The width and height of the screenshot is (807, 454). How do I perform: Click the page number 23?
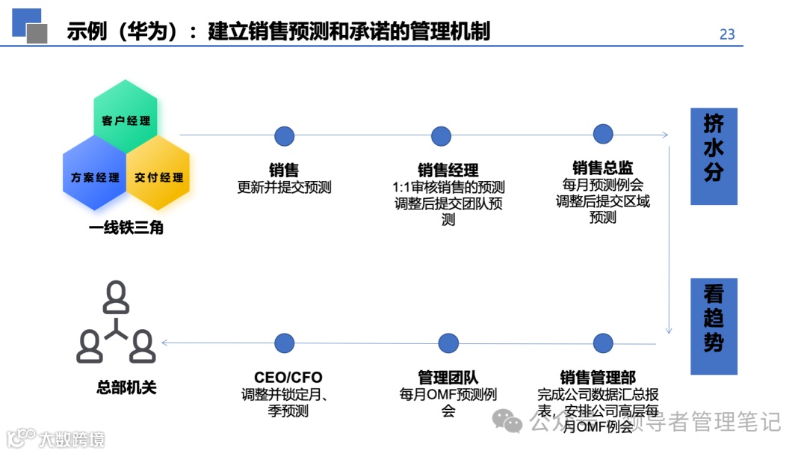(x=726, y=34)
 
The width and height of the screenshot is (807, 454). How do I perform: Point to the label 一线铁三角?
(x=126, y=227)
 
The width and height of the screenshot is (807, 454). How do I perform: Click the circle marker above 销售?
(x=284, y=136)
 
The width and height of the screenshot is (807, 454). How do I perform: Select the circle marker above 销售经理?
(x=441, y=136)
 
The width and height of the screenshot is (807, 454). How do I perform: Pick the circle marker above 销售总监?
(x=603, y=134)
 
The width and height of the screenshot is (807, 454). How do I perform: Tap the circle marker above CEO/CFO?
(x=284, y=343)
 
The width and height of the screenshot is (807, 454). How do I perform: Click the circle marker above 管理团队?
(x=448, y=343)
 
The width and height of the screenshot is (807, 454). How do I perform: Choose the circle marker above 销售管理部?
(x=603, y=343)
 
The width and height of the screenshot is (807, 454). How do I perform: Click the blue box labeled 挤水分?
(x=714, y=156)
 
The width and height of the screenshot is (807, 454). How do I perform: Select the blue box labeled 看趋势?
(x=714, y=326)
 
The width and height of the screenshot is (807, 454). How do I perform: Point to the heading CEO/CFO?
(x=288, y=378)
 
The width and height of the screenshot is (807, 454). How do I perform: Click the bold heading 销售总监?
(x=603, y=168)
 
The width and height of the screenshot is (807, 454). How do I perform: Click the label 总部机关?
(x=126, y=387)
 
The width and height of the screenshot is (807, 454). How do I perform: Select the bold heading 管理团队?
(x=448, y=378)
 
